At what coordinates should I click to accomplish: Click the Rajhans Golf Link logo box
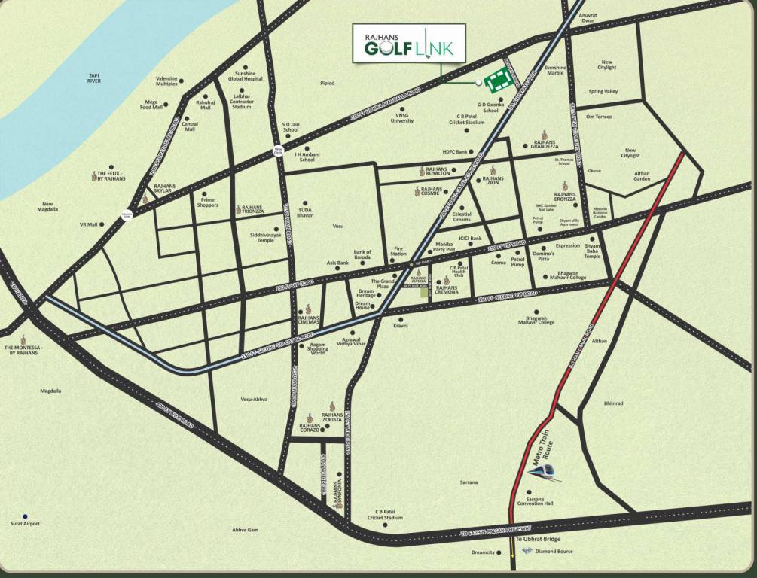409,44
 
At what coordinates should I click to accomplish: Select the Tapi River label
94,78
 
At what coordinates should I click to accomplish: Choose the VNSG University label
402,118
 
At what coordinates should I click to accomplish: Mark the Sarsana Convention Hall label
539,501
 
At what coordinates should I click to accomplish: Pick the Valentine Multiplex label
166,81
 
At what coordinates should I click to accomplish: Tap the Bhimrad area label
613,403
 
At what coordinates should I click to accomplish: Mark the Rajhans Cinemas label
310,320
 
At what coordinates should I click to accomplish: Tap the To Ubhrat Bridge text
538,539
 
